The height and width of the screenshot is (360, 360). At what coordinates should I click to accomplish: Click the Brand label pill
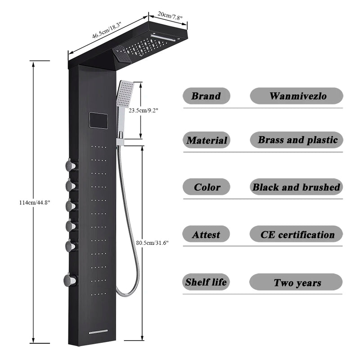[x=206, y=96]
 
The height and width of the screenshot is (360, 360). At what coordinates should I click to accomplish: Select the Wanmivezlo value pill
[x=297, y=96]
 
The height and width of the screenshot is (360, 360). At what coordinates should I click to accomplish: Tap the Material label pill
[x=207, y=140]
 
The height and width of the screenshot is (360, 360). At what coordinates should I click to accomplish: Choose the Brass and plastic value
[x=297, y=140]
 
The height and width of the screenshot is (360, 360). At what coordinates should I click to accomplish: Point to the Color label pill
[x=207, y=187]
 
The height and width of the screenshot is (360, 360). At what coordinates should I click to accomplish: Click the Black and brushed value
[x=297, y=187]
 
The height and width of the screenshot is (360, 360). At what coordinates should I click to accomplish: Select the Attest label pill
[x=206, y=234]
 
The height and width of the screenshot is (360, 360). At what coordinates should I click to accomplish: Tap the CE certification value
[x=297, y=234]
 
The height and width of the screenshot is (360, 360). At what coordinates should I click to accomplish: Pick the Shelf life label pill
[x=206, y=282]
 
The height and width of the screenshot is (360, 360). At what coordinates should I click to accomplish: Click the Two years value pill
[x=297, y=283]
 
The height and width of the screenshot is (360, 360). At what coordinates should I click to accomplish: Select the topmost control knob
[x=70, y=166]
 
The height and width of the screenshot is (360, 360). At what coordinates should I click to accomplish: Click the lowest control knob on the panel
[x=70, y=281]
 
